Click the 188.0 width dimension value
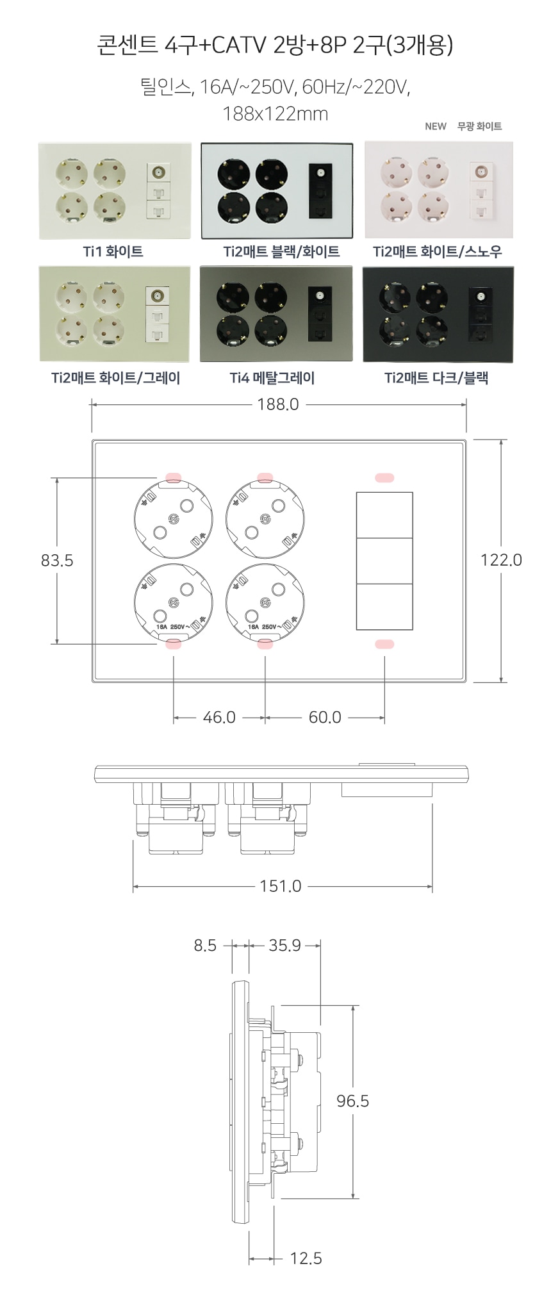[278, 404]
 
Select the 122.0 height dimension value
[501, 560]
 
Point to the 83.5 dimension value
[57, 561]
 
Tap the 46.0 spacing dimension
[219, 718]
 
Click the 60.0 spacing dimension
[325, 718]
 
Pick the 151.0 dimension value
[281, 886]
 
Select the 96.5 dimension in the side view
[353, 1101]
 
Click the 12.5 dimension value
[306, 1258]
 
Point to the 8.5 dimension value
[205, 946]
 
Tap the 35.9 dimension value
[284, 946]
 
